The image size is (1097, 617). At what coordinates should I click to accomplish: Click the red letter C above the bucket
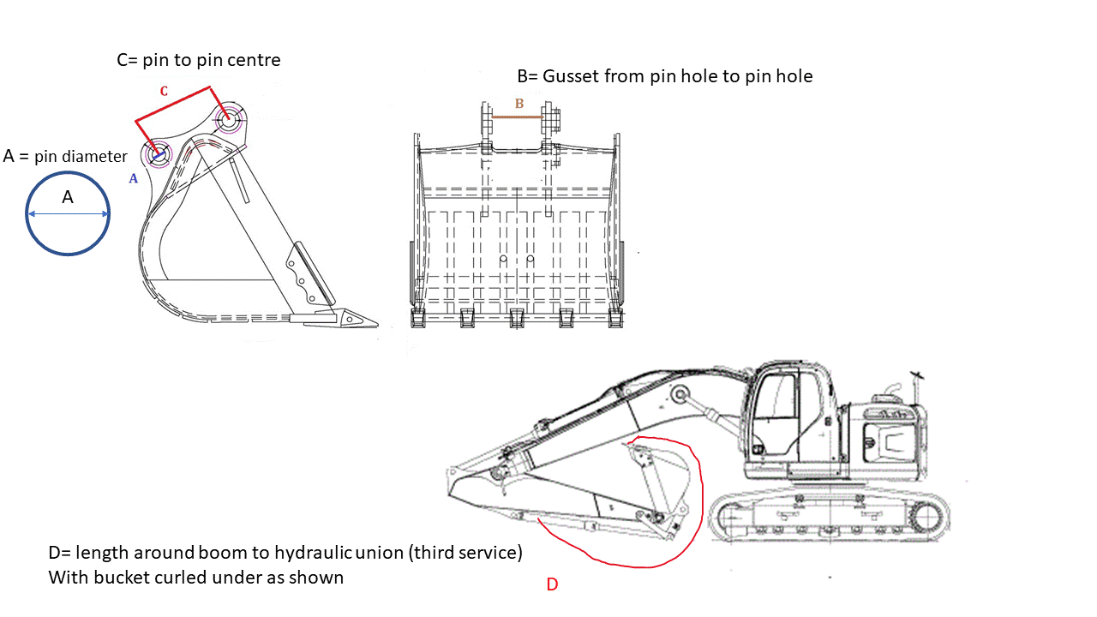click(164, 91)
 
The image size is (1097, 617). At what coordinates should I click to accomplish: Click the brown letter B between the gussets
click(519, 104)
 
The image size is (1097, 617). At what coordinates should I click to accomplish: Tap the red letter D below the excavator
click(553, 584)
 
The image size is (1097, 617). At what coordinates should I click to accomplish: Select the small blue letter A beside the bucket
click(133, 178)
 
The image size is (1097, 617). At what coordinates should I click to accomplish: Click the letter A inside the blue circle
click(68, 197)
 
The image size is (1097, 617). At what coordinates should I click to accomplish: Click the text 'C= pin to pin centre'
click(198, 60)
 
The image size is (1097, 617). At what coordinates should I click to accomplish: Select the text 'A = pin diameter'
click(65, 156)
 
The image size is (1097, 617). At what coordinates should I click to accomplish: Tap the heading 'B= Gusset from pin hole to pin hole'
click(664, 76)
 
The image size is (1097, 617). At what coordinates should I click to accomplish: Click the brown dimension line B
click(518, 117)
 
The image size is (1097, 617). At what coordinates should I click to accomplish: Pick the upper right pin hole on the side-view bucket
click(228, 120)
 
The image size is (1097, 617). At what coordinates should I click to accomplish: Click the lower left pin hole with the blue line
click(158, 155)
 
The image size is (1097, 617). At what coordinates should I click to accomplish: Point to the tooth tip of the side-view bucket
click(372, 321)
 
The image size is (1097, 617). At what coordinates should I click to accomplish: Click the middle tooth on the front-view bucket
click(517, 319)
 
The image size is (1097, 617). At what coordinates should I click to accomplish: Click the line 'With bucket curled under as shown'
click(195, 578)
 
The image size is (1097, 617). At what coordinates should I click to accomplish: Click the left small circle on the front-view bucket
click(504, 259)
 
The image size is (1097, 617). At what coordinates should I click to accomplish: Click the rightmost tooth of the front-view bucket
click(615, 319)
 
